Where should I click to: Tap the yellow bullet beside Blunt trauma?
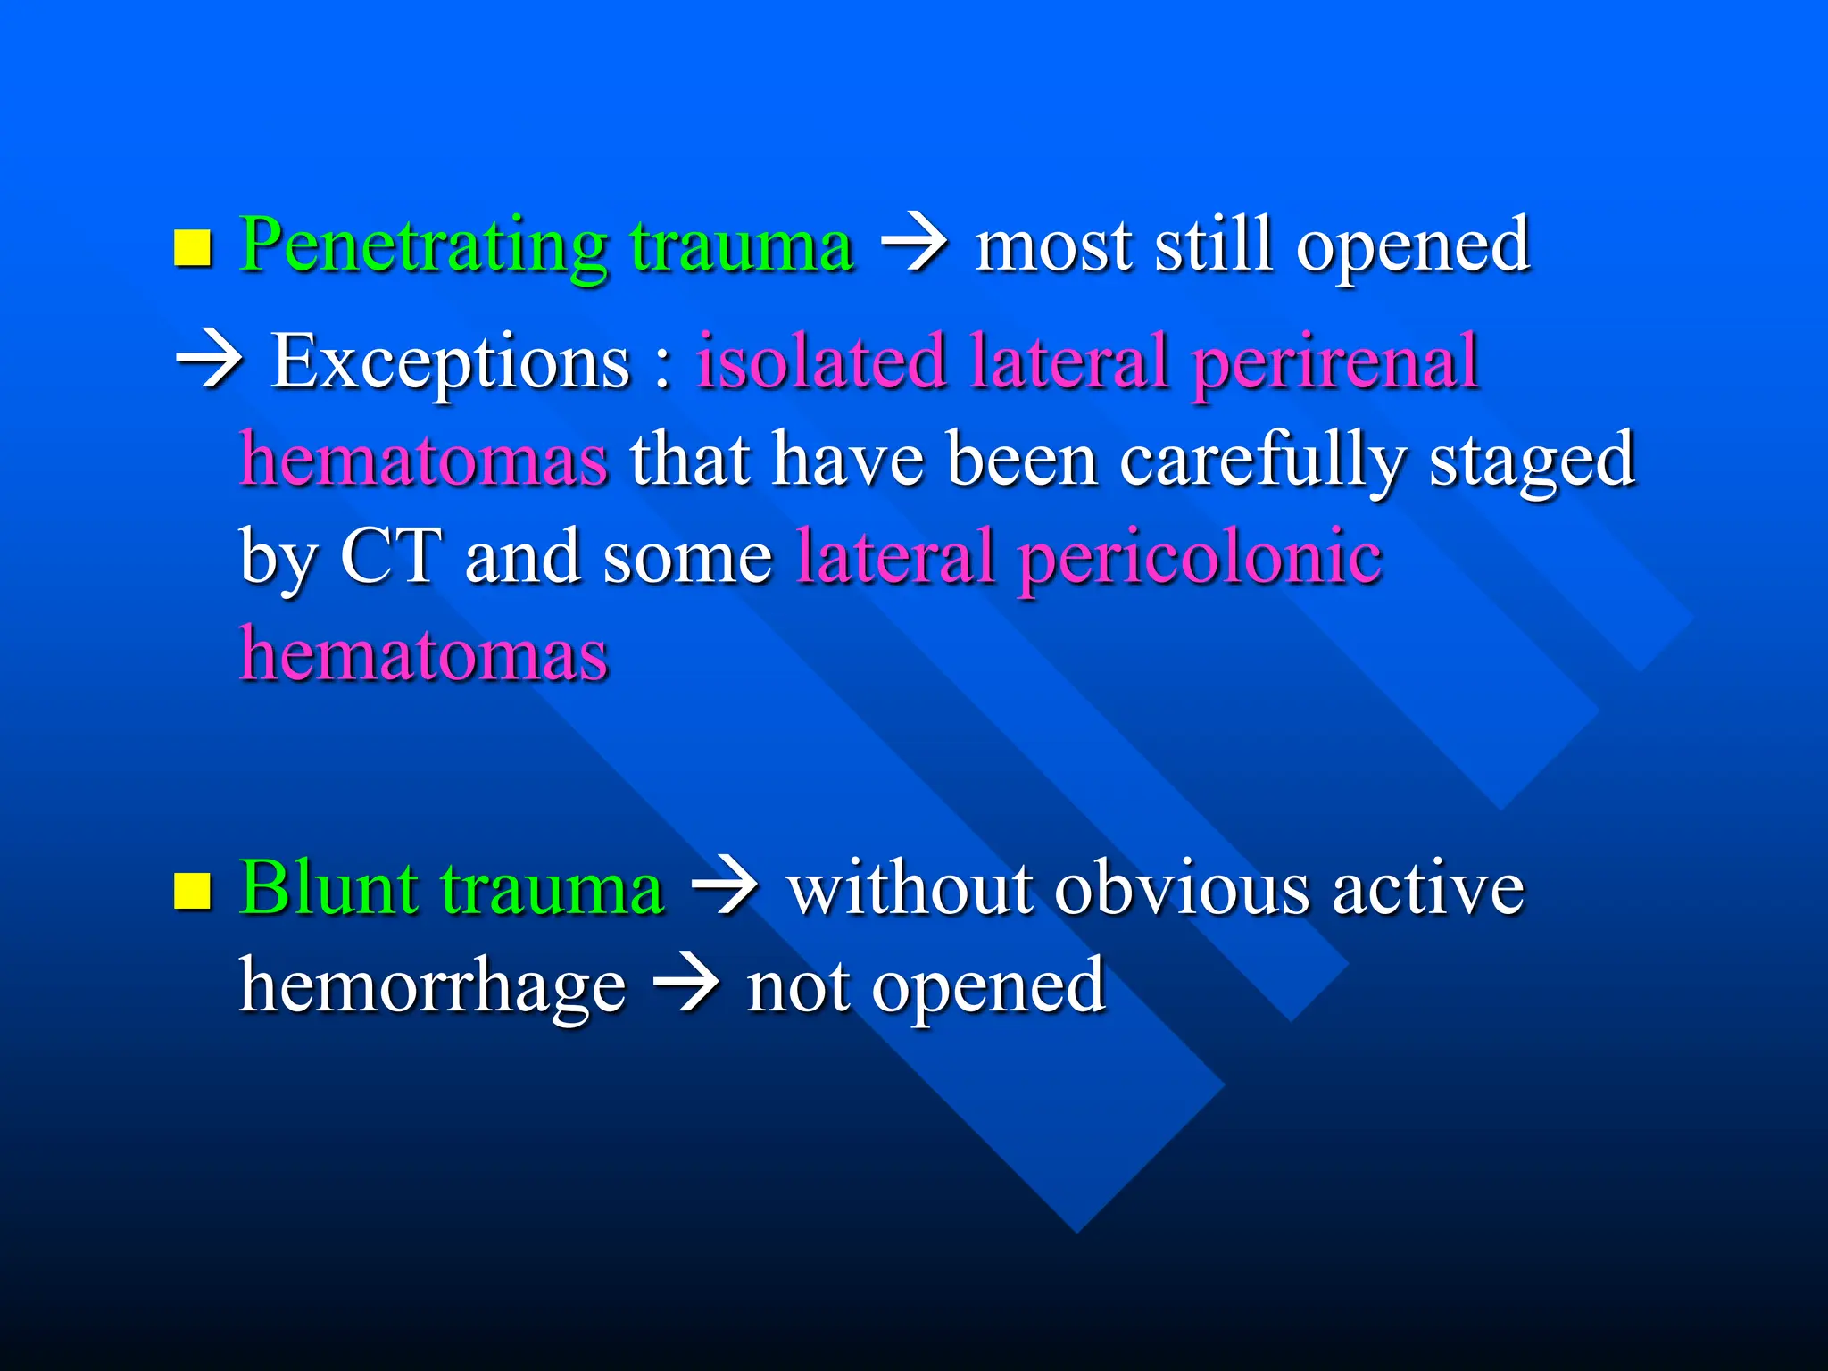pyautogui.click(x=192, y=892)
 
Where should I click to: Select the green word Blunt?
pyautogui.click(x=328, y=888)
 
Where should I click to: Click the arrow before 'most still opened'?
pyautogui.click(x=914, y=245)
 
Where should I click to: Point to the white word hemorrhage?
pyautogui.click(x=433, y=986)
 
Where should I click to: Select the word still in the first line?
pyautogui.click(x=1213, y=245)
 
